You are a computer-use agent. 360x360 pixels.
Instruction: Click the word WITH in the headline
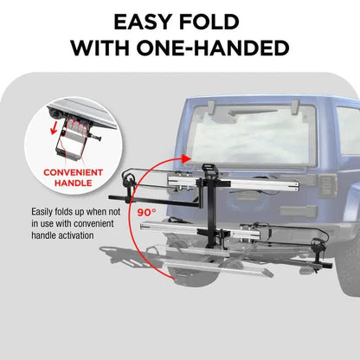(113, 48)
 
